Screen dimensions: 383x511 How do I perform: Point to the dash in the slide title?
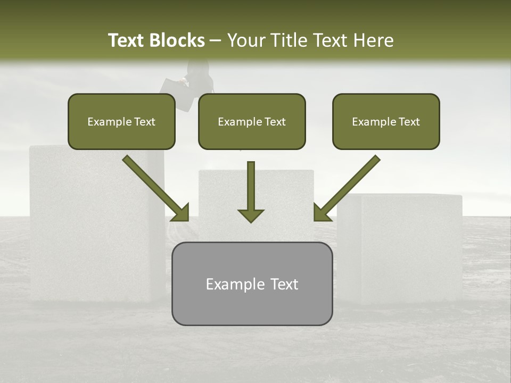(216, 40)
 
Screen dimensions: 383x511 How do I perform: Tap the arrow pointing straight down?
(251, 191)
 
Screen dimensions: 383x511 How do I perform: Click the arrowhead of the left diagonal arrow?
(181, 213)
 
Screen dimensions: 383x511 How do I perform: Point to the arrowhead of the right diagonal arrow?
(321, 213)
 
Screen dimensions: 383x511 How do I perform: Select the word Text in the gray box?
(284, 284)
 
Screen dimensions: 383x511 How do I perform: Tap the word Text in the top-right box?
(409, 122)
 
